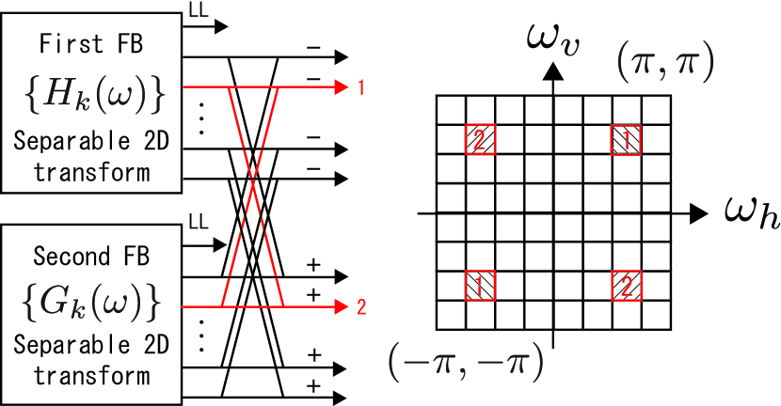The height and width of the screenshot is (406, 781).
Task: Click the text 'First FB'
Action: pos(90,45)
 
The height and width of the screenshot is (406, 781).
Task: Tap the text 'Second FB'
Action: pos(90,256)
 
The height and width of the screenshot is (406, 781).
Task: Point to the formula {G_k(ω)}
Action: pos(90,303)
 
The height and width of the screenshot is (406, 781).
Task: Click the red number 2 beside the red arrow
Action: pos(361,306)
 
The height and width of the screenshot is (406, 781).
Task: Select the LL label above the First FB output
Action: pos(199,9)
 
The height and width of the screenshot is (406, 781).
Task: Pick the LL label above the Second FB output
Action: pos(198,223)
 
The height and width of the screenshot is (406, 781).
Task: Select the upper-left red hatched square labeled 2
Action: pos(480,140)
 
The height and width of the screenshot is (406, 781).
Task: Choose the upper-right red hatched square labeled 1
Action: pos(626,140)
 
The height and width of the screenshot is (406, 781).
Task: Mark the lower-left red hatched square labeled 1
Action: pos(480,285)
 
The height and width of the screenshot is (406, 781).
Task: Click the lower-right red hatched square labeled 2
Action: pos(626,285)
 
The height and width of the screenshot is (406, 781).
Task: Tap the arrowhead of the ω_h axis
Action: pos(698,213)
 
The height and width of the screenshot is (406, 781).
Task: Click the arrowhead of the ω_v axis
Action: pos(554,70)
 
